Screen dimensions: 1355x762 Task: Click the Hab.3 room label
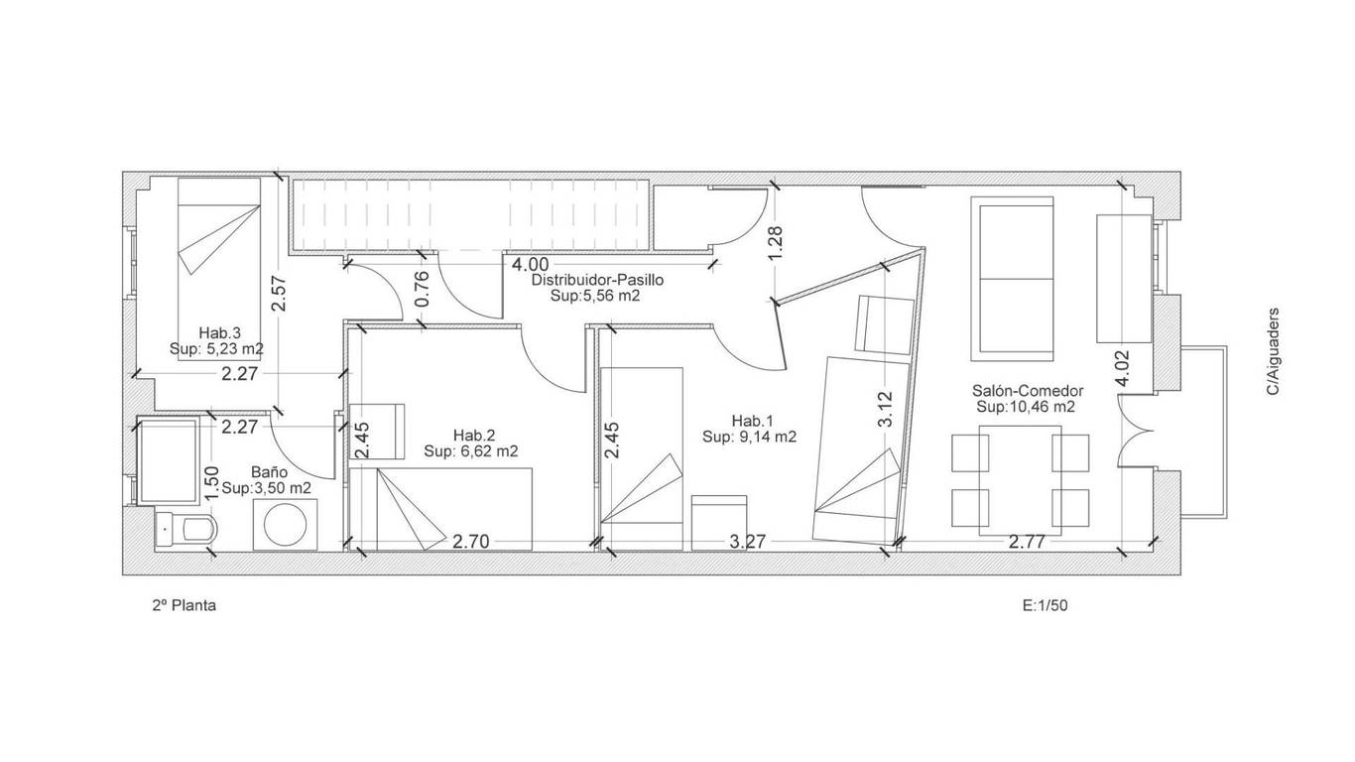tap(219, 333)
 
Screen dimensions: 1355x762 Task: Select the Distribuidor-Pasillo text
tap(598, 280)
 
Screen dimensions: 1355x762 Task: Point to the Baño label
tap(269, 472)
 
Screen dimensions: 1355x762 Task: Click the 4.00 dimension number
tap(531, 265)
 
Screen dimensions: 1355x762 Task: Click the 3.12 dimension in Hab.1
tap(885, 409)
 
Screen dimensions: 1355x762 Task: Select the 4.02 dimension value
tap(1122, 368)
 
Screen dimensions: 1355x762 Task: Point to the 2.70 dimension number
tap(471, 541)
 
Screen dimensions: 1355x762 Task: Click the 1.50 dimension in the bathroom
tap(211, 483)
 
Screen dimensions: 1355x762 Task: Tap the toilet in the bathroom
tap(186, 530)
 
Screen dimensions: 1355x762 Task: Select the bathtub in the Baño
tap(169, 460)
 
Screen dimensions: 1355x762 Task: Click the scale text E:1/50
tap(1046, 605)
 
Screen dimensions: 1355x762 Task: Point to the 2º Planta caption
tap(184, 605)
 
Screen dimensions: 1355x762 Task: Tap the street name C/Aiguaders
tap(1273, 351)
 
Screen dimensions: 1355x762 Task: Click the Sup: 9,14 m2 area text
tap(749, 437)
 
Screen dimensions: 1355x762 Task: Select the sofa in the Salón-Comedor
tap(1012, 279)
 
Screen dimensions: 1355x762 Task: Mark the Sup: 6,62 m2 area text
tap(470, 450)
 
